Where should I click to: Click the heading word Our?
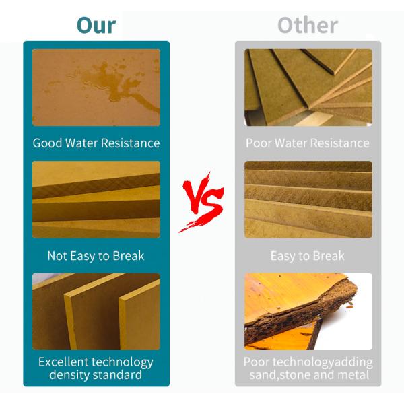pos(96,25)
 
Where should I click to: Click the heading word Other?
pos(307,25)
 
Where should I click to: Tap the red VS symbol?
pos(202,202)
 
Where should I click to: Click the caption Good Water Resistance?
pos(96,143)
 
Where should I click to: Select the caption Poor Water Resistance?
pos(307,143)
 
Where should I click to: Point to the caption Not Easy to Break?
pos(96,255)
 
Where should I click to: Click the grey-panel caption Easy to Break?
pos(307,255)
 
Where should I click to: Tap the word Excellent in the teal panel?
pos(65,362)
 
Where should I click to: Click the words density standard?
pos(96,374)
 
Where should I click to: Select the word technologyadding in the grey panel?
pos(326,362)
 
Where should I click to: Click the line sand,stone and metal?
pos(307,374)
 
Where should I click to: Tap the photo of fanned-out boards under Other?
pos(308,87)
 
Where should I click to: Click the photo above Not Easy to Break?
pos(96,199)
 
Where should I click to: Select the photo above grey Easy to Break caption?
pos(308,199)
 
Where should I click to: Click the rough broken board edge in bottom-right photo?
pos(296,316)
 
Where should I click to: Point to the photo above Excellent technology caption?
pos(96,311)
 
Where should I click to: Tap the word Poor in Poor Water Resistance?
pos(258,143)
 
